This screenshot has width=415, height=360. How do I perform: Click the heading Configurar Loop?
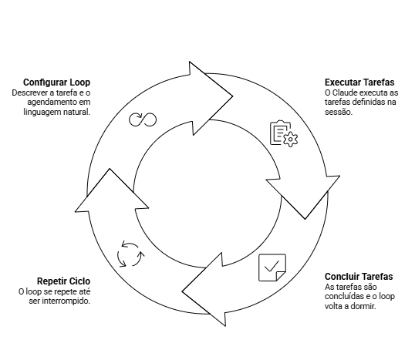click(56, 82)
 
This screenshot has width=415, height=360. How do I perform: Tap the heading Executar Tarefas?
click(359, 82)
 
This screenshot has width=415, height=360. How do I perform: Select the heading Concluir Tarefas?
click(359, 277)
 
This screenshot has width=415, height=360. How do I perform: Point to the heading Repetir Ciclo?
click(63, 281)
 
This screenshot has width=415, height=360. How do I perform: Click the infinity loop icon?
click(143, 119)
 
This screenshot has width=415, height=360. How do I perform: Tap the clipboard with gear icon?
click(284, 133)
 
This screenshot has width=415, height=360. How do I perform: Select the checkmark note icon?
click(272, 267)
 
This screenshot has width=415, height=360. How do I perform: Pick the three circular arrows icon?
click(130, 254)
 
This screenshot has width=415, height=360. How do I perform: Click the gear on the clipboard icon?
click(291, 139)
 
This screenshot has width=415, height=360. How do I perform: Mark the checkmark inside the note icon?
click(272, 266)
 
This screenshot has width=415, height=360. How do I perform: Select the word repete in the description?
click(63, 291)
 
